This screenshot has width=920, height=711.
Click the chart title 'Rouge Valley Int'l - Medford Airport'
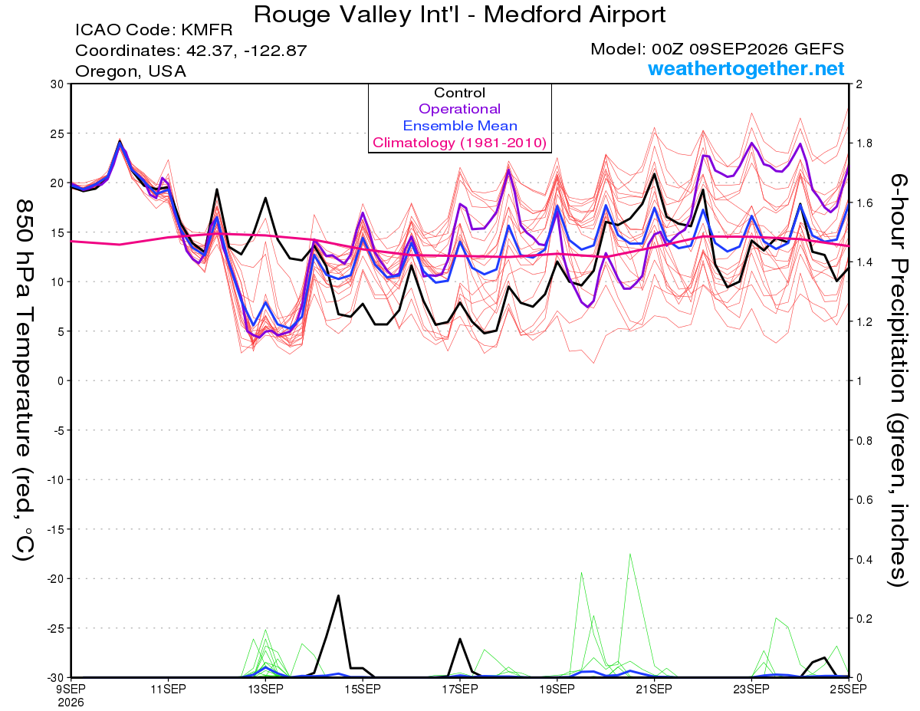point(459,15)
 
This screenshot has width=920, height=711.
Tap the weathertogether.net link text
point(746,68)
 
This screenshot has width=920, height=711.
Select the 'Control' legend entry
point(459,93)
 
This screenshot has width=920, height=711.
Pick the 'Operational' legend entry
point(459,109)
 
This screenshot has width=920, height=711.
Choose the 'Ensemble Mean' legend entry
point(460,126)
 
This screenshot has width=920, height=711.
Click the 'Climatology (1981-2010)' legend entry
point(460,143)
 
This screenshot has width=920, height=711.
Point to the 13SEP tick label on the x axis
point(265,689)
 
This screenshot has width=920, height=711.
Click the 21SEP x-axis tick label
point(654,689)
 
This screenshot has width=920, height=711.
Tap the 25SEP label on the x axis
point(849,689)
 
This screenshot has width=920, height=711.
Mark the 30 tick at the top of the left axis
point(57,84)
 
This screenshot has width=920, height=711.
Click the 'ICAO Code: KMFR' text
point(154,30)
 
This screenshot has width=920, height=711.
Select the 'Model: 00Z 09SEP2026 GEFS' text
point(717,49)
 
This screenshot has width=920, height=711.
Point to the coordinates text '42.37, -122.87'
point(246,51)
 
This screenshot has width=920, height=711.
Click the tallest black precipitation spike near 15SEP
point(338,596)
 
